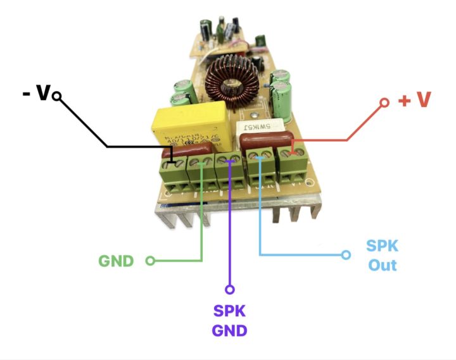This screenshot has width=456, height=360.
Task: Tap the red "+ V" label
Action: [415, 101]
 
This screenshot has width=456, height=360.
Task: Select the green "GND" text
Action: [117, 261]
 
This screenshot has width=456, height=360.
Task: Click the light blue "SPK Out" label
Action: [383, 255]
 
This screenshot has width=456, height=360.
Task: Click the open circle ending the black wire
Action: [57, 96]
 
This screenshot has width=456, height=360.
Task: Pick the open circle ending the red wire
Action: [384, 102]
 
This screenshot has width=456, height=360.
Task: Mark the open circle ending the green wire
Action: [150, 261]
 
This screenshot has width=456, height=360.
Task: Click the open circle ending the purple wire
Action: [230, 290]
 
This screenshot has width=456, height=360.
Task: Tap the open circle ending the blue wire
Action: [346, 255]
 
